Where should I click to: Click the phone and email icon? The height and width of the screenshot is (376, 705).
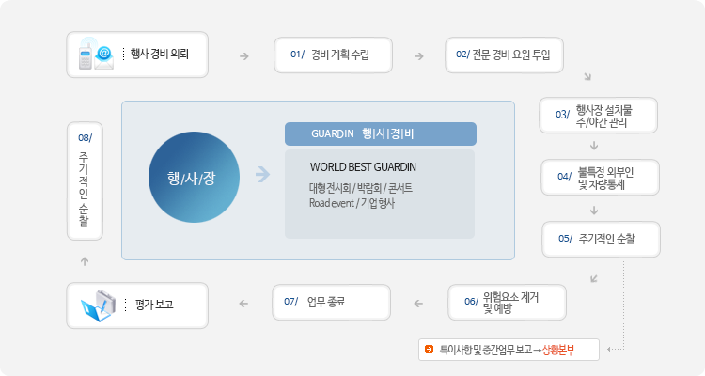coord(96,55)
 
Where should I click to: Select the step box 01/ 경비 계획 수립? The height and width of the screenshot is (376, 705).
coord(333,55)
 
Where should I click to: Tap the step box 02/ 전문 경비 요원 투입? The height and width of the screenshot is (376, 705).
coord(504,55)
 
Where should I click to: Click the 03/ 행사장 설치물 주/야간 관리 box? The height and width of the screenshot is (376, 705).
coord(598,115)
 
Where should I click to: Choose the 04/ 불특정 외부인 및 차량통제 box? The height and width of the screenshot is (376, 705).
coord(600,178)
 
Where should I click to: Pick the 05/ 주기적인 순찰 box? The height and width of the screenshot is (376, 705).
coord(601,240)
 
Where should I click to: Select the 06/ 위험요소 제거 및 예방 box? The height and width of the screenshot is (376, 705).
coord(507,303)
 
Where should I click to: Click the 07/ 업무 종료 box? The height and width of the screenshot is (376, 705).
coord(332,303)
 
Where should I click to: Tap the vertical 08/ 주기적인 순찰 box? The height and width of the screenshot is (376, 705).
coord(85,180)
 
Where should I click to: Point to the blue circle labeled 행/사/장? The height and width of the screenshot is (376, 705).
coord(194,178)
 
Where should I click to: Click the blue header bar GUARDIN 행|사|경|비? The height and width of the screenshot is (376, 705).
coord(381,134)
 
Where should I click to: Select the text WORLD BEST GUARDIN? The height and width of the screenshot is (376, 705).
coord(363,167)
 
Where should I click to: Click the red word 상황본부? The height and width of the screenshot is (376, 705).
coord(558,350)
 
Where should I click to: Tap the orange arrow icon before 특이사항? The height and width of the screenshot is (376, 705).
coord(429,349)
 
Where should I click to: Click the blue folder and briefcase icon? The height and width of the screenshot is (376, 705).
coord(99,305)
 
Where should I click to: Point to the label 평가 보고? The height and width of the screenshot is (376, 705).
coord(154,305)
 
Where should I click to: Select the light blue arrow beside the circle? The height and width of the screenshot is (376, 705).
coord(262,174)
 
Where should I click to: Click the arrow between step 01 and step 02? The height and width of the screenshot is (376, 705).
coord(419,56)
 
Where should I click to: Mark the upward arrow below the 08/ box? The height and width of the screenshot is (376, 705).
coord(85,261)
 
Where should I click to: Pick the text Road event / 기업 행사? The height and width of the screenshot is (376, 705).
coord(352,203)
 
